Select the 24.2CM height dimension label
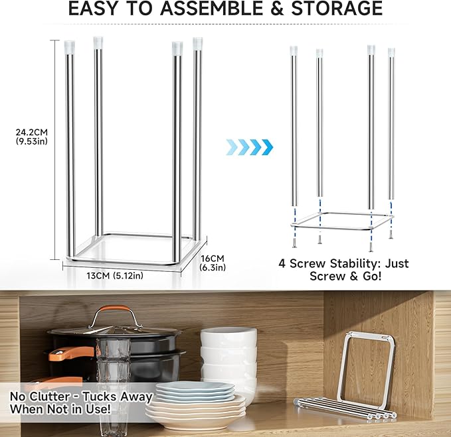tap(31, 131)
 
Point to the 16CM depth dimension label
tap(213, 258)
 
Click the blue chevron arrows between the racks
tap(249, 146)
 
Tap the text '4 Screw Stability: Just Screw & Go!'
tap(343, 269)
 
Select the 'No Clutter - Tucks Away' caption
tap(81, 397)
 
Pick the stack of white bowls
tap(228, 358)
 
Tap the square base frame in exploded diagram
tap(341, 221)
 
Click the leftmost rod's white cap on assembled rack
tap(70, 46)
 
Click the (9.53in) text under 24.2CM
tap(31, 141)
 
